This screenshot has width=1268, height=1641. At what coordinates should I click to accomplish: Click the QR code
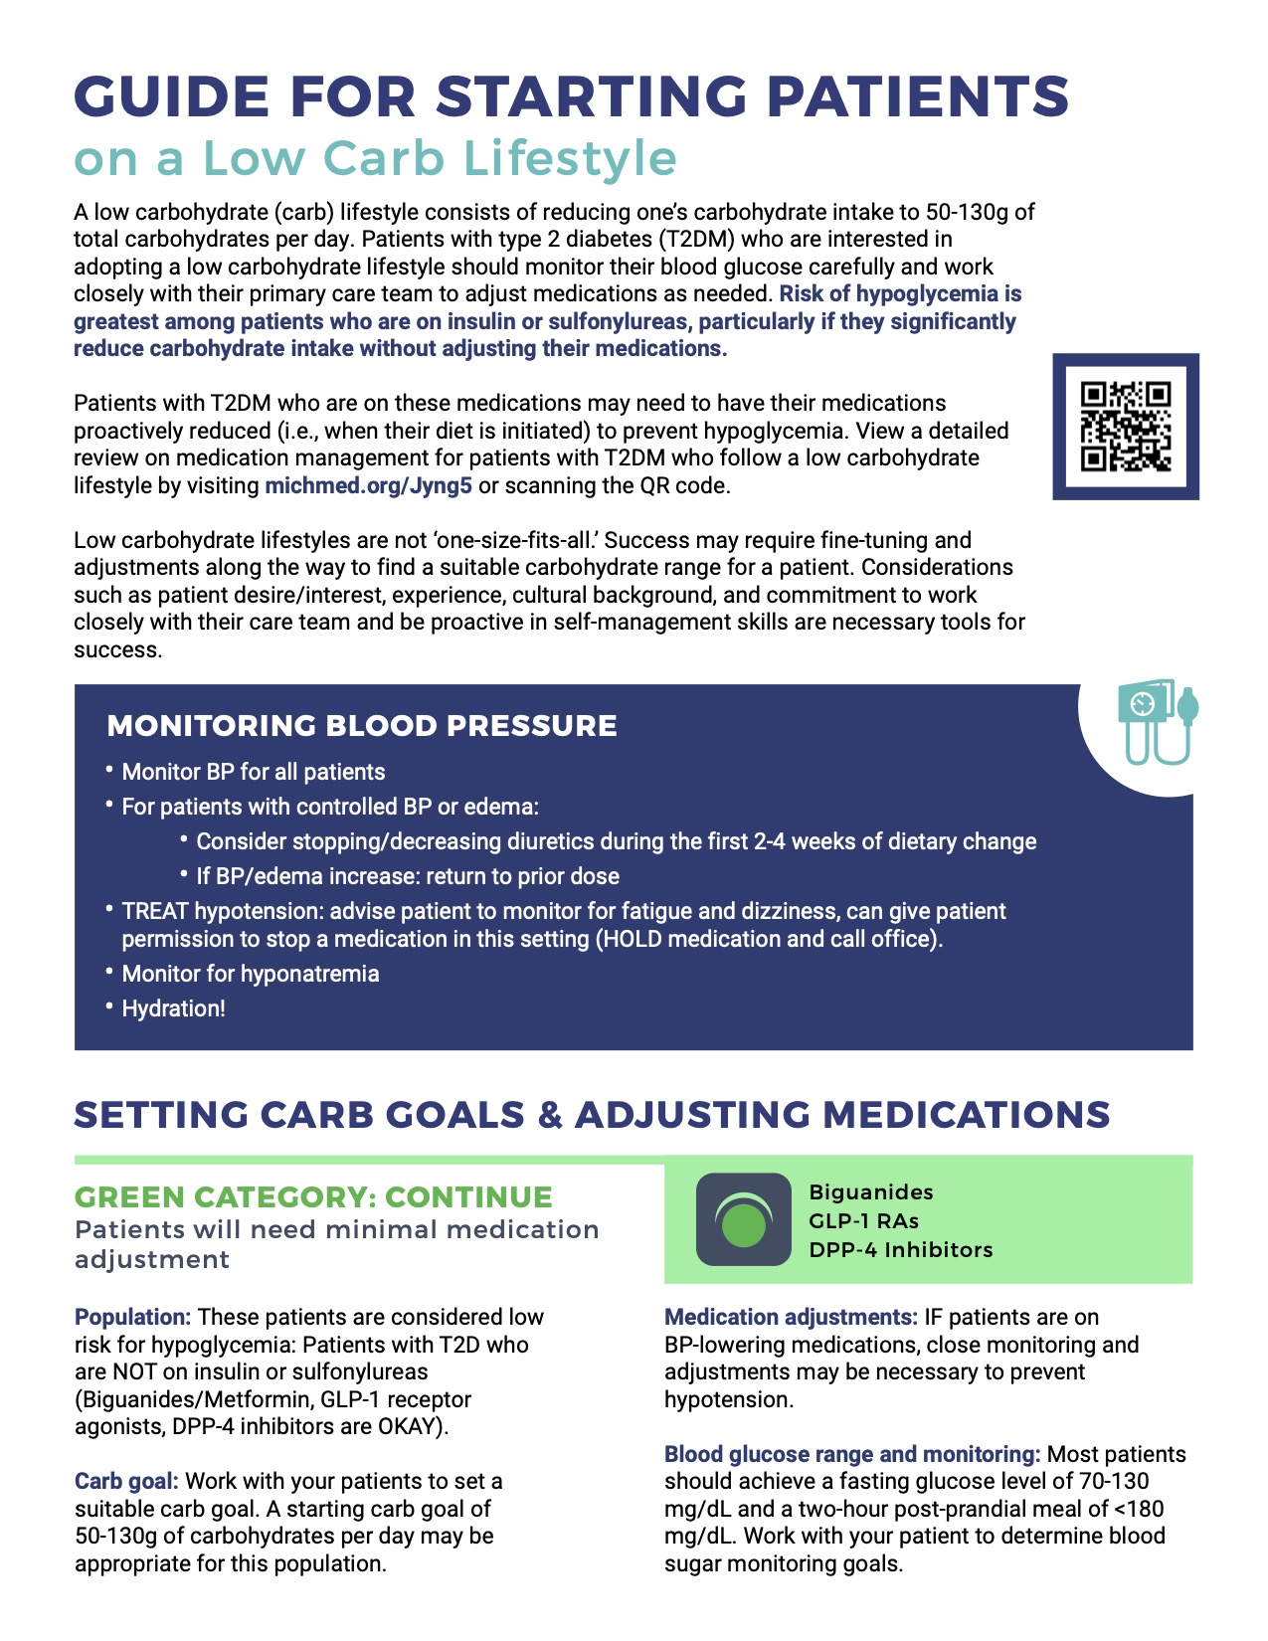(x=1126, y=426)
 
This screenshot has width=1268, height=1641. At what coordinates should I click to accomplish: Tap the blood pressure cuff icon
(x=1157, y=722)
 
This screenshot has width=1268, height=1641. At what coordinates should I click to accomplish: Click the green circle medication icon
(x=743, y=1220)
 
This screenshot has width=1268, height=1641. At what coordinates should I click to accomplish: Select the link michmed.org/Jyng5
(x=368, y=486)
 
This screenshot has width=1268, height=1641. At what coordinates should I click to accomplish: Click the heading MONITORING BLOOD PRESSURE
(x=362, y=726)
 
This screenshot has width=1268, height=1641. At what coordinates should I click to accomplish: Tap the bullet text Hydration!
(x=173, y=1008)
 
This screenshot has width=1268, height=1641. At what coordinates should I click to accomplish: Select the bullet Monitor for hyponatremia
(x=250, y=974)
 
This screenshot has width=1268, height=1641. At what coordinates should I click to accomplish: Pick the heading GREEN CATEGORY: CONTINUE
(x=313, y=1196)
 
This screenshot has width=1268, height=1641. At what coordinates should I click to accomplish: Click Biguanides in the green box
(x=871, y=1191)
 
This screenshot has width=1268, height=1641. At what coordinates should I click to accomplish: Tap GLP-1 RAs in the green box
(x=863, y=1220)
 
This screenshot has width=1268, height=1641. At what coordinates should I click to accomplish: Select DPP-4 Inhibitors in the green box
(x=900, y=1249)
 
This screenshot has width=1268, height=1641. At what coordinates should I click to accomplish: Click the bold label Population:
(x=132, y=1317)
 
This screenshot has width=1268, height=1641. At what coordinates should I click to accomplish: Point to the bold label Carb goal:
(x=126, y=1481)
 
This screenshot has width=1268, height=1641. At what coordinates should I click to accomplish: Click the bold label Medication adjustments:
(x=791, y=1317)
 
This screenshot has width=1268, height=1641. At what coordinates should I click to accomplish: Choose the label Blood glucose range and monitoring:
(x=852, y=1454)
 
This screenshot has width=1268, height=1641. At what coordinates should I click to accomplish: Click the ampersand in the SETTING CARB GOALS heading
(x=549, y=1115)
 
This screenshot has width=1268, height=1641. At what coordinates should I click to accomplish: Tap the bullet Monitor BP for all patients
(x=253, y=772)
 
